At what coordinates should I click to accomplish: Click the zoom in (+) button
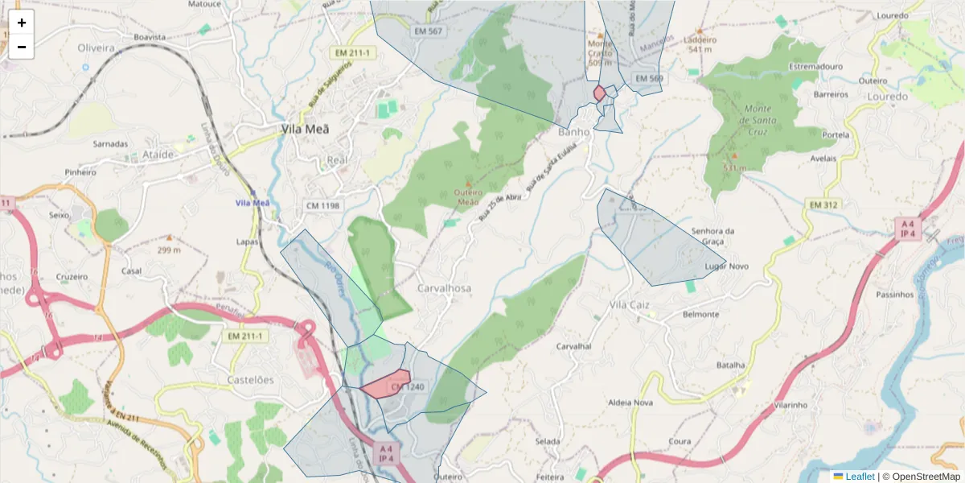pos(22,23)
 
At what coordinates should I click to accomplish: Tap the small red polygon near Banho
pos(599,93)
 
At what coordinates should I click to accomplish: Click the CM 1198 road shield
pos(323,206)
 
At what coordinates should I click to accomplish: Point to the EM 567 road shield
pos(428,31)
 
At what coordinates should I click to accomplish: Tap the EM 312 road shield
pos(823,205)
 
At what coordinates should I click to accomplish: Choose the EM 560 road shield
pos(648,78)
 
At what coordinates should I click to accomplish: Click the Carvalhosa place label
pos(444,287)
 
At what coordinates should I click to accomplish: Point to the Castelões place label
pos(250,379)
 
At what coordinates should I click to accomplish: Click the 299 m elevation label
pos(168,250)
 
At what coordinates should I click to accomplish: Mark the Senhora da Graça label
pos(712,236)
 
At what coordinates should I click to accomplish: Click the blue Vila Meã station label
pos(252,203)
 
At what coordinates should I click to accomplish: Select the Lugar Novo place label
pos(726,266)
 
